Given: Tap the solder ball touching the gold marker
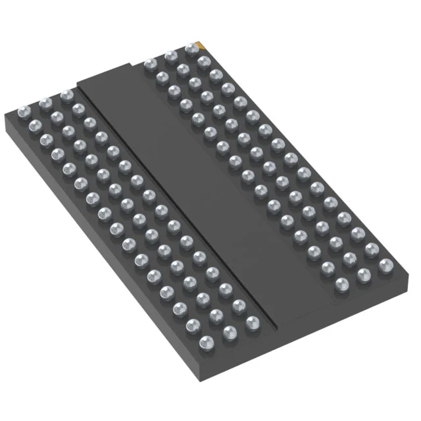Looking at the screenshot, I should tap(192, 48).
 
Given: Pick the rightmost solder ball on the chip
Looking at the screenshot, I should tap(385, 264).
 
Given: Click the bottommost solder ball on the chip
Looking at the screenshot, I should tap(206, 342).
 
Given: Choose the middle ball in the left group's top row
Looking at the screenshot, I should tap(45, 103).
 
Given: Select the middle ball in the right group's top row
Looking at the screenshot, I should tap(170, 56).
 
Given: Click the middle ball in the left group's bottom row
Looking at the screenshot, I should tap(230, 333).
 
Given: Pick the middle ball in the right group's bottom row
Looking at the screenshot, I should tap(363, 274).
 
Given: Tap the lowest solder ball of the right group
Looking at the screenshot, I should tap(342, 284).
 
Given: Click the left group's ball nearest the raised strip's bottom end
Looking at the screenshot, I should tap(252, 323).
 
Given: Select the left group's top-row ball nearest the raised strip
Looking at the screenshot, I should tap(66, 95).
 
